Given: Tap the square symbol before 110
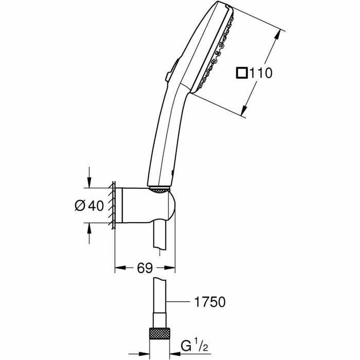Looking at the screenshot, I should click(x=241, y=74).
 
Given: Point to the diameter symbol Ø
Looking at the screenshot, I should click(x=80, y=205).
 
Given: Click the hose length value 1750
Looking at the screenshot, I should click(x=210, y=302).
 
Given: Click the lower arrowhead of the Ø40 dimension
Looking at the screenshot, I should click(x=89, y=226).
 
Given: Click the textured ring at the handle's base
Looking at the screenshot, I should click(x=160, y=191).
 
